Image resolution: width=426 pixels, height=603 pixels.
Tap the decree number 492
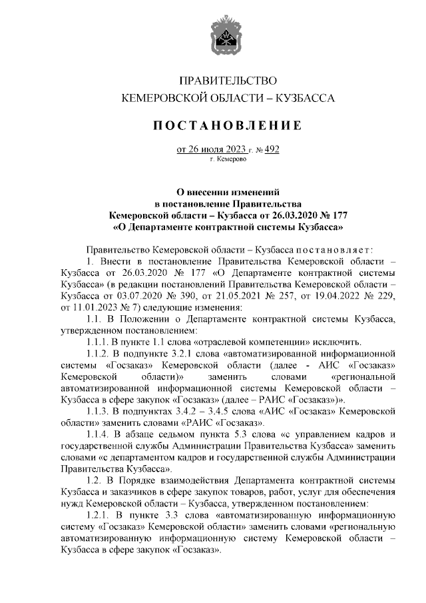pyautogui.click(x=271, y=149)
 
